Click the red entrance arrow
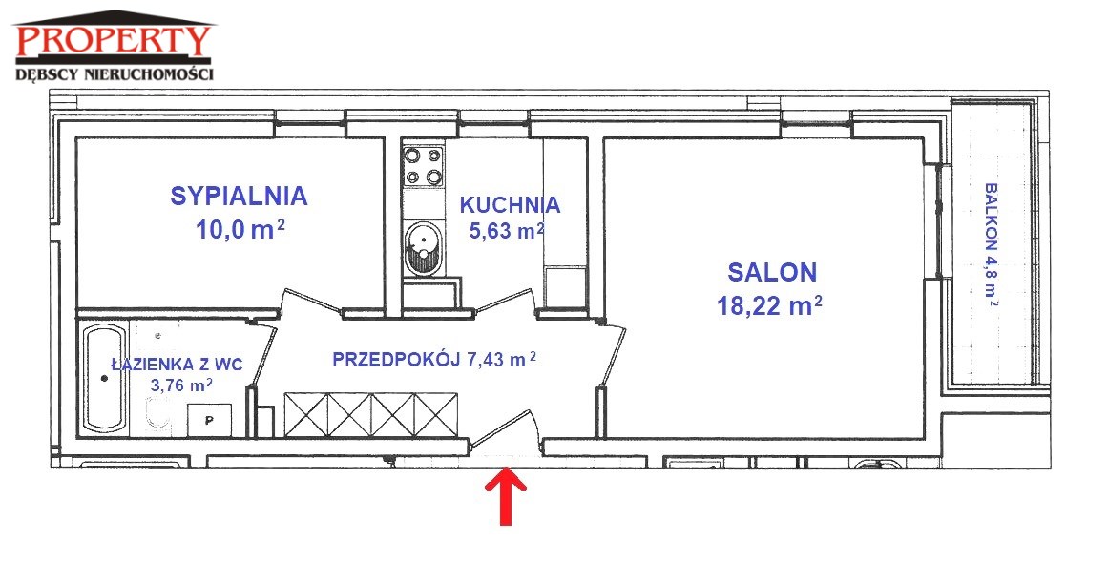pyautogui.click(x=506, y=498)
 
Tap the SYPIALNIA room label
pyautogui.click(x=239, y=196)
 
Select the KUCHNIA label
pyautogui.click(x=510, y=205)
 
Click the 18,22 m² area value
pyautogui.click(x=769, y=306)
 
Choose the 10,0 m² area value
pyautogui.click(x=240, y=229)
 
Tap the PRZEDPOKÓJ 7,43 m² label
pyautogui.click(x=434, y=360)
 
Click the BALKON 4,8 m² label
pyautogui.click(x=992, y=244)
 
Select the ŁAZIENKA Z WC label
pyautogui.click(x=178, y=365)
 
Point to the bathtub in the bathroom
pyautogui.click(x=105, y=379)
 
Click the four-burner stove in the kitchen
pyautogui.click(x=424, y=166)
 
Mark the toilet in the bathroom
pyautogui.click(x=157, y=414)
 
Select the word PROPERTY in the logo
pyautogui.click(x=114, y=40)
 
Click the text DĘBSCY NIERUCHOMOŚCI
pyautogui.click(x=115, y=73)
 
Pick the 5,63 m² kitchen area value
pyautogui.click(x=507, y=229)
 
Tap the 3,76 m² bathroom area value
pyautogui.click(x=181, y=386)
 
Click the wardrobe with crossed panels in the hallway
pyautogui.click(x=371, y=414)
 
